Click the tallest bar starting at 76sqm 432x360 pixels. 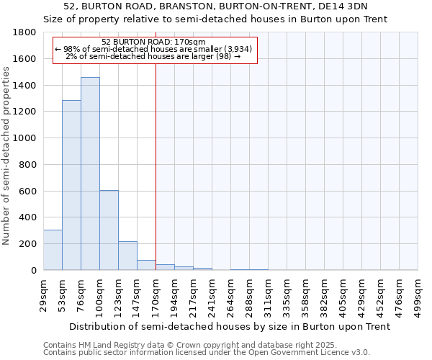(90, 174)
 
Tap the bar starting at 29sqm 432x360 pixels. (53, 250)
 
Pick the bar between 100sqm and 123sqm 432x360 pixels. (109, 230)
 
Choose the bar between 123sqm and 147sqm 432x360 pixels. (127, 256)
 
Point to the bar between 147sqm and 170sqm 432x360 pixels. (146, 265)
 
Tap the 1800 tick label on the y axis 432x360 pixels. (25, 33)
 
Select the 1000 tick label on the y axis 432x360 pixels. (25, 138)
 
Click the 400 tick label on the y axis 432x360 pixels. (28, 217)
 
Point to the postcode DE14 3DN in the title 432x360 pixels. (352, 6)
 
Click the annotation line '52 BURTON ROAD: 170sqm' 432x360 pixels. (154, 42)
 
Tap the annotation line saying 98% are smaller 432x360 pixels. (154, 49)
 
